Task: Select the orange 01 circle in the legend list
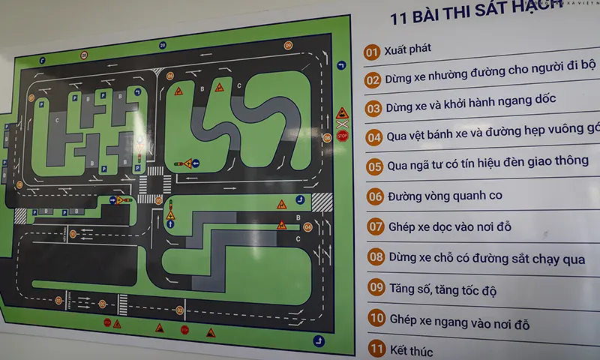tap(371, 52)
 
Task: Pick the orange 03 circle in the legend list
tap(373, 108)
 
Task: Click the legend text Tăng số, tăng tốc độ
tap(442, 289)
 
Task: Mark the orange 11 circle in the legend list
tap(376, 349)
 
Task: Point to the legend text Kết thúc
tap(410, 350)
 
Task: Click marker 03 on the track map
tap(169, 76)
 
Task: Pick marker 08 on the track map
tap(327, 137)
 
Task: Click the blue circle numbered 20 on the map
tap(163, 46)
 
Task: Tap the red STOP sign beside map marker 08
tap(342, 136)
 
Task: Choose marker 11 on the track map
tap(179, 310)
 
